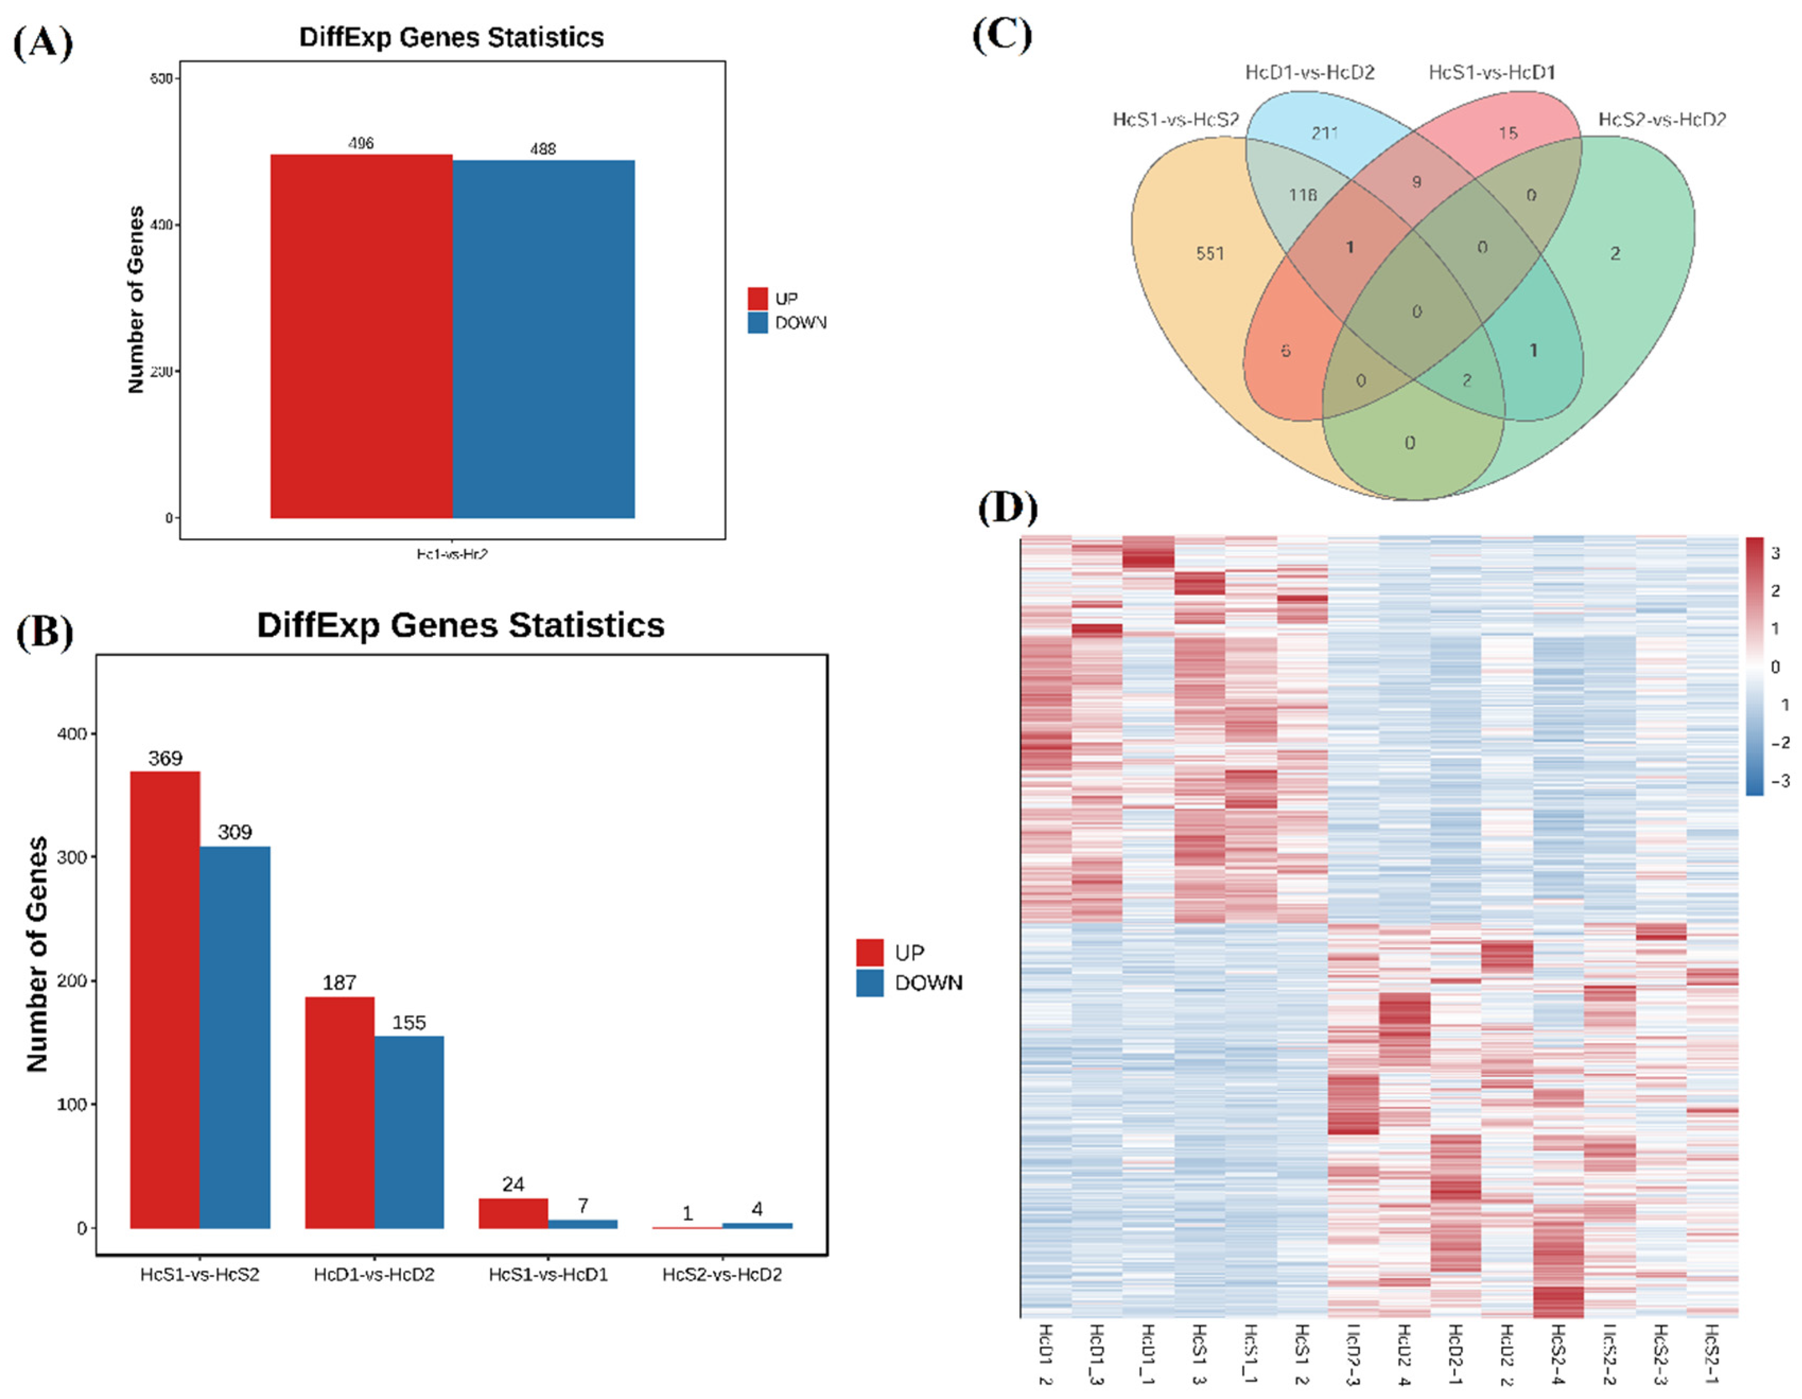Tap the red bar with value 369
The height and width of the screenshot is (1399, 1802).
tap(165, 999)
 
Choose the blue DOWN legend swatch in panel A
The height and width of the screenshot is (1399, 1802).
tap(757, 322)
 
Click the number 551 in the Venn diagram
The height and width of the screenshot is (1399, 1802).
tap(1210, 254)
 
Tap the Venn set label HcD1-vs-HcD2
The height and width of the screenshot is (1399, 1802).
tap(1309, 73)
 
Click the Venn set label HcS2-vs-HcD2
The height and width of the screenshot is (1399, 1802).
tap(1662, 120)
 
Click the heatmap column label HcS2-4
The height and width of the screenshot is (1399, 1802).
tap(1558, 1353)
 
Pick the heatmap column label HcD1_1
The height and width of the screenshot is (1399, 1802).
tap(1147, 1353)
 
